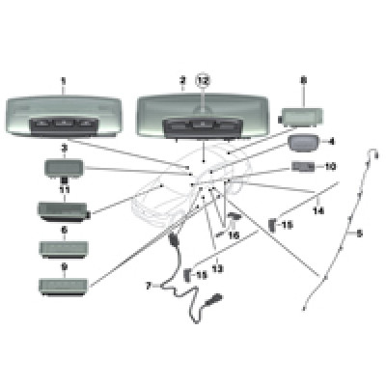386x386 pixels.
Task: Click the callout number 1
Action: click(x=63, y=80)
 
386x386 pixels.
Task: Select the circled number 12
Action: click(x=204, y=80)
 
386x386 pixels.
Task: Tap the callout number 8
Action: click(x=303, y=81)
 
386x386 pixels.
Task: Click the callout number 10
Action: click(x=330, y=166)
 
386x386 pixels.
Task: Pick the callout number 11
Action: click(x=65, y=190)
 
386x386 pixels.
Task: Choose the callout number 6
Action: click(x=65, y=230)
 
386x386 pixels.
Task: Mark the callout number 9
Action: click(x=65, y=266)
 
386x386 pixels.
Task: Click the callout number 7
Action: click(x=149, y=286)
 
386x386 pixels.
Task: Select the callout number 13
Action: click(x=218, y=268)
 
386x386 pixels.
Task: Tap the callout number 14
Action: click(x=318, y=210)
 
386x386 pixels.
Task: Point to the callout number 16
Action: click(x=234, y=235)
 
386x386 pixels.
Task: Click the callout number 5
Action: click(x=359, y=234)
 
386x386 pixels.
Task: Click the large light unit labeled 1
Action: click(x=64, y=117)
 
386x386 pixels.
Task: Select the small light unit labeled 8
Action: click(x=301, y=117)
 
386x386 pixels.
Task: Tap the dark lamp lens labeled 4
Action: click(x=303, y=143)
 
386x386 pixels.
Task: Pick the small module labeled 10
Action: click(x=303, y=167)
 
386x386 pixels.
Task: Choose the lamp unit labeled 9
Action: click(x=63, y=285)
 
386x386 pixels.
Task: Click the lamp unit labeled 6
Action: click(x=64, y=248)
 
